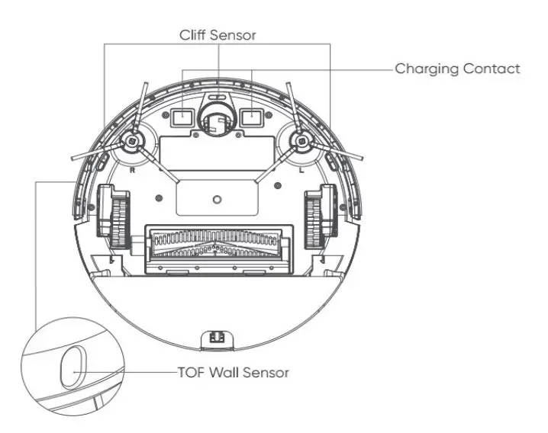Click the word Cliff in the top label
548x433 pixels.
[x=195, y=35]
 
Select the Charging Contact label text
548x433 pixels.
[x=457, y=69]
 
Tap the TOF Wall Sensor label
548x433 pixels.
[x=233, y=373]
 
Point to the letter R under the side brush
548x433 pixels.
[x=133, y=172]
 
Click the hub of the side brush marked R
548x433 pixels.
[x=133, y=142]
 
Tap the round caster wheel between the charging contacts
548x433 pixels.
[x=217, y=120]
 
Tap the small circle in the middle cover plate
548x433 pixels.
[x=217, y=199]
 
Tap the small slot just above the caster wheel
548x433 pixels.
[x=217, y=98]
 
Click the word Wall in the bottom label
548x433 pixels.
[x=225, y=373]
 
